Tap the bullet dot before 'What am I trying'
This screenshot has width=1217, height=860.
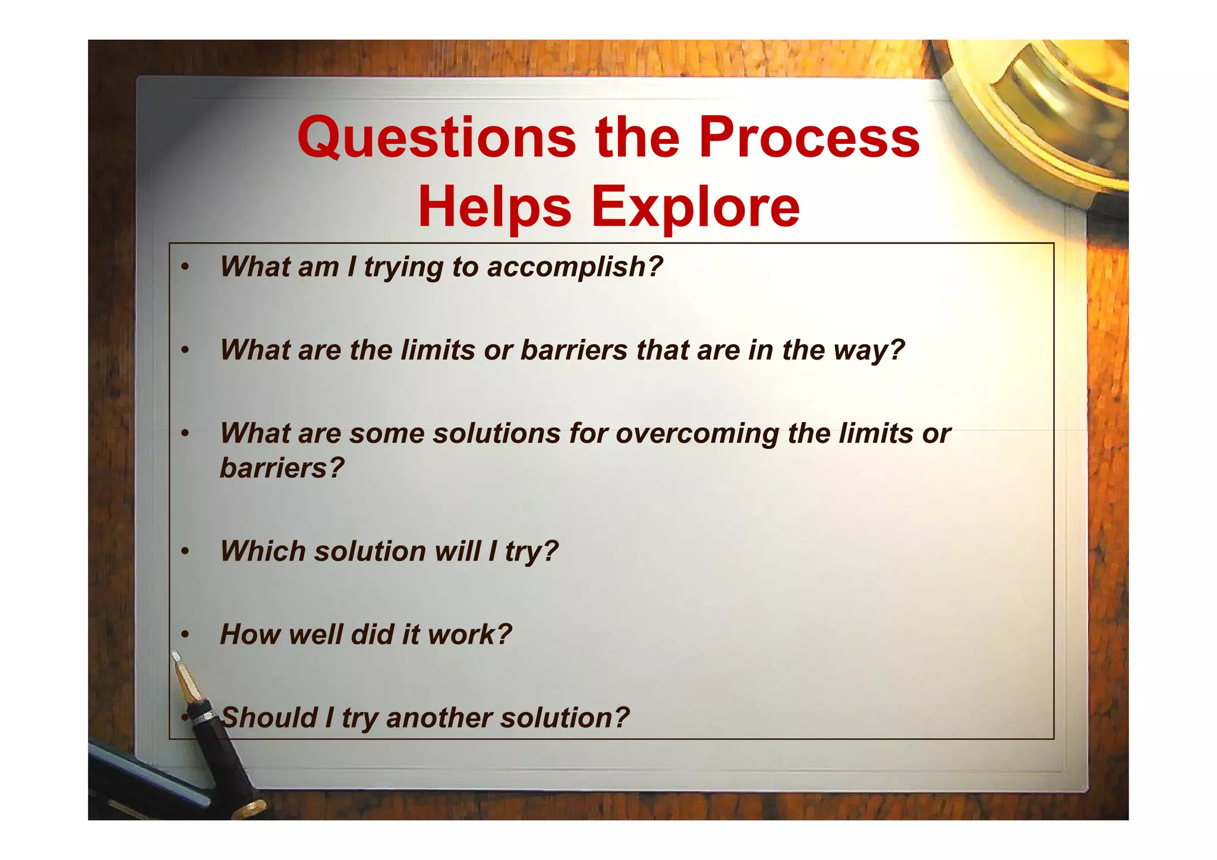(185, 267)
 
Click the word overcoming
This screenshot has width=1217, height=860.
(697, 433)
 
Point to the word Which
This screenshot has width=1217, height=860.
(262, 551)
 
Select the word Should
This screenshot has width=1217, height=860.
(269, 717)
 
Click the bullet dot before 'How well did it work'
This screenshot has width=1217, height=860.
(185, 635)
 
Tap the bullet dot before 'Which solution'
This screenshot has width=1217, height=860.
(185, 552)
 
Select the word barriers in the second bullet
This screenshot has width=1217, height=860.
(574, 350)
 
